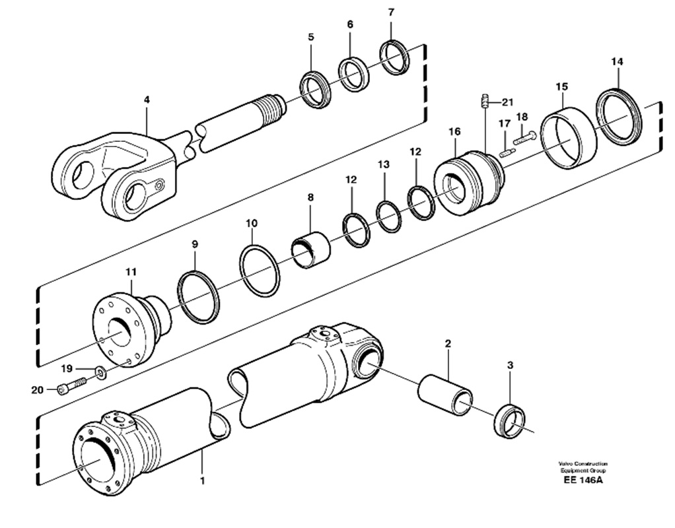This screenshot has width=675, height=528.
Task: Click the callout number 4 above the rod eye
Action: pos(147,100)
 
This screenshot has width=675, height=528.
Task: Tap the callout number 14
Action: pos(617,61)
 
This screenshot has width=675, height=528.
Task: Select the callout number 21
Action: pos(507,102)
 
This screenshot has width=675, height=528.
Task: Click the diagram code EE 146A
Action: pos(583,480)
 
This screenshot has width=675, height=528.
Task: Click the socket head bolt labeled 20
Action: pos(72,385)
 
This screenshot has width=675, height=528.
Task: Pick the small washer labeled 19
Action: pos(102,372)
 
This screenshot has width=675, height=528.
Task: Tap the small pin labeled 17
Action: pos(506,152)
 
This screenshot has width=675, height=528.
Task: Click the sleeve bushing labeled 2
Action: pos(444,395)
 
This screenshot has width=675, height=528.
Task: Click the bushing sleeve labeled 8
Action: pos(311,249)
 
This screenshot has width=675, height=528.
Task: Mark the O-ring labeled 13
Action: pos(389,217)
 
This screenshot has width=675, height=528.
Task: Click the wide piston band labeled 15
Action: pos(569,138)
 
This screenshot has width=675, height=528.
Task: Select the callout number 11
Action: pos(131,272)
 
